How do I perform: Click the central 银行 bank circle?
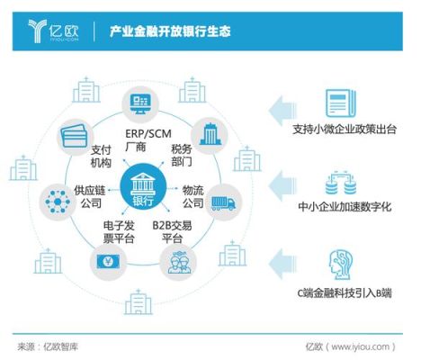tap(143, 187)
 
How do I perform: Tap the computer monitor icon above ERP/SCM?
tap(140, 103)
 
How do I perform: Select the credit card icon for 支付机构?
tap(74, 136)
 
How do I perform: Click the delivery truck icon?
tap(223, 202)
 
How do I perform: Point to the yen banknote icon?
tap(108, 262)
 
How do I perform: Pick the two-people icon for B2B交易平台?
tap(179, 262)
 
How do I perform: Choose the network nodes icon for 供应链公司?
tap(58, 202)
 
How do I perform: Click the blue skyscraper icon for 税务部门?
tap(210, 134)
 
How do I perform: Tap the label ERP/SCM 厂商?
tap(148, 140)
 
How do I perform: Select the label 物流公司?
tap(193, 196)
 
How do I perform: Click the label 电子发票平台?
tap(119, 231)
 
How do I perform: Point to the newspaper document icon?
tap(341, 103)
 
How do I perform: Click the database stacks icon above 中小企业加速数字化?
tap(341, 183)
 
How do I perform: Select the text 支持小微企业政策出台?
tap(345, 130)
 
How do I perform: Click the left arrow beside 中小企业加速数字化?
tap(282, 186)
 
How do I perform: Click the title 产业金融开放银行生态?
tap(170, 31)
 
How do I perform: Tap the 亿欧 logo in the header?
tap(53, 31)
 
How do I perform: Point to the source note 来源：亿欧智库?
tap(48, 347)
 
